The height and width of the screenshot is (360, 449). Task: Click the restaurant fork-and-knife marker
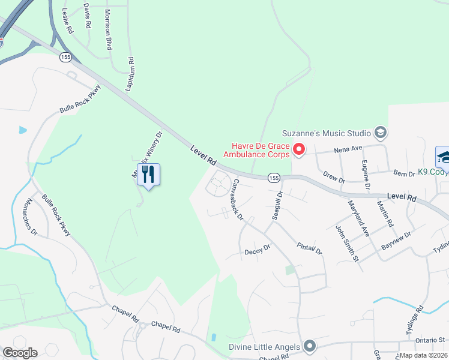[148, 175]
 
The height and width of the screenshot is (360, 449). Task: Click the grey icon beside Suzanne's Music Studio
[379, 132]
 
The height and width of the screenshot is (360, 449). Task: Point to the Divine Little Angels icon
[310, 345]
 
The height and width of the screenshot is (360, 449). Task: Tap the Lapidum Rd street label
[130, 74]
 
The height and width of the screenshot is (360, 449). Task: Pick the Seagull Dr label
[277, 205]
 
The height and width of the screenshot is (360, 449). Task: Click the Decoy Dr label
[258, 252]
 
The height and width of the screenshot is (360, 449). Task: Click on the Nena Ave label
[348, 148]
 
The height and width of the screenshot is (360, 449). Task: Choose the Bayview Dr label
[397, 241]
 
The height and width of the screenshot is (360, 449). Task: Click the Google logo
[20, 353]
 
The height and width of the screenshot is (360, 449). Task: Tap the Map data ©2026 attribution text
[424, 355]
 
